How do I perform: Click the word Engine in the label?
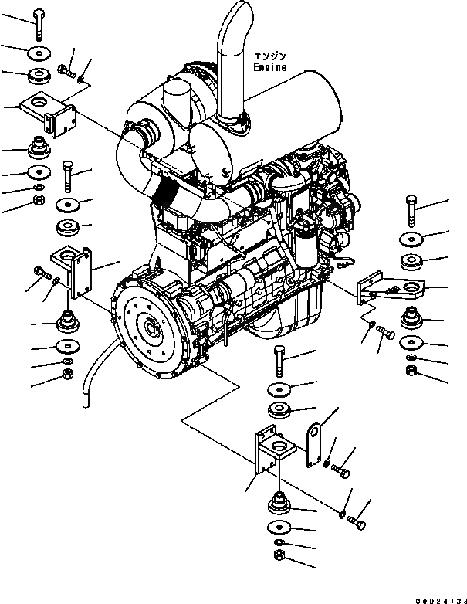tap(270, 67)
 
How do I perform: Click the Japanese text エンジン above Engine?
tap(269, 55)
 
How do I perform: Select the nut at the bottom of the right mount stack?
tap(411, 372)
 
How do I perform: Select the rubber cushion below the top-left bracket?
tap(36, 148)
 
